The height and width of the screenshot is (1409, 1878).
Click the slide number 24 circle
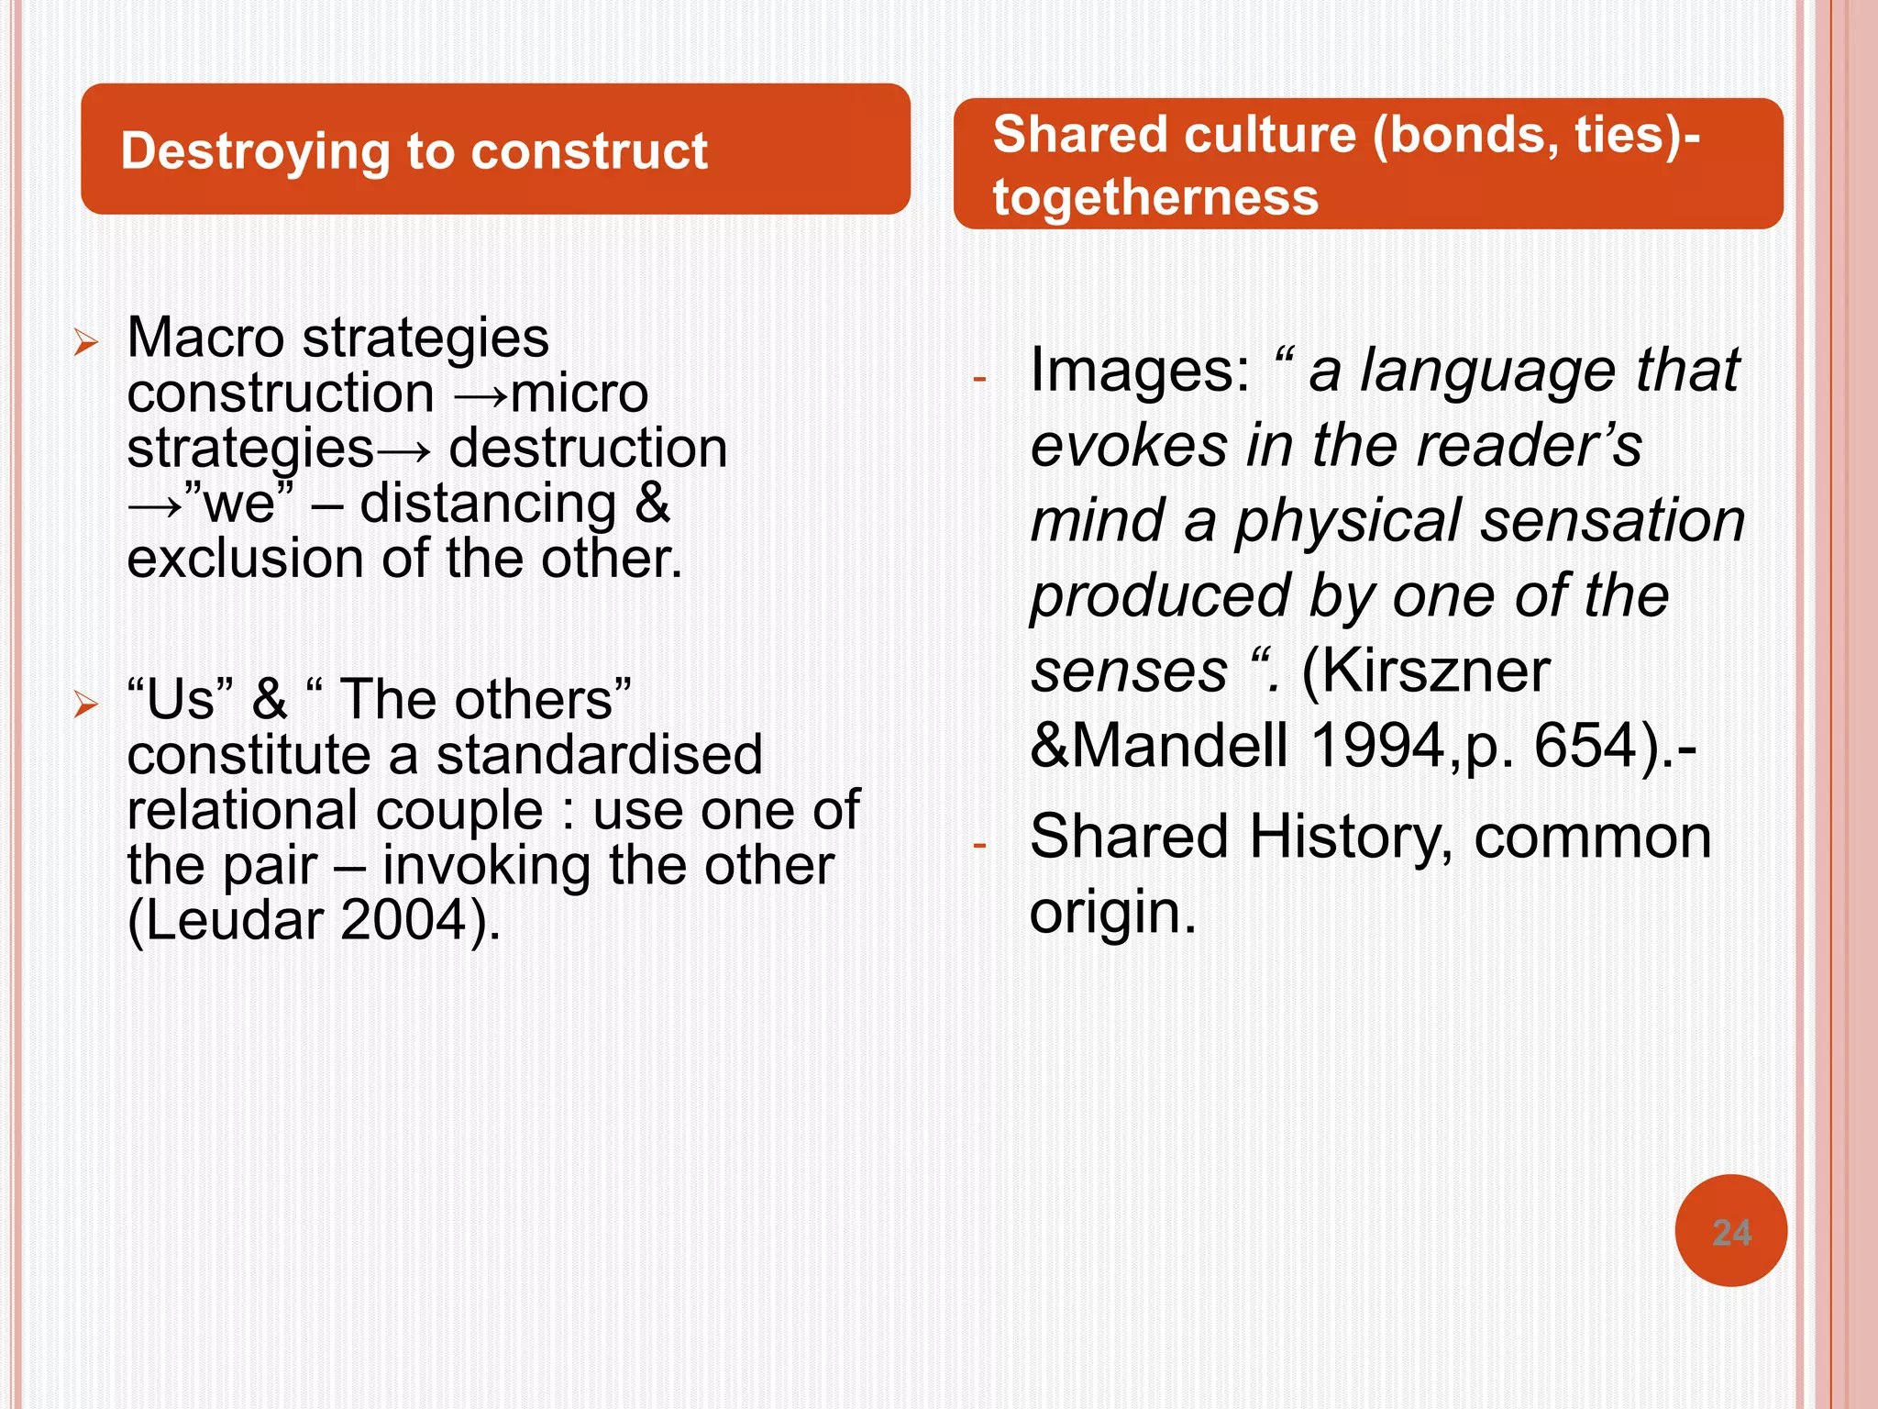click(x=1730, y=1231)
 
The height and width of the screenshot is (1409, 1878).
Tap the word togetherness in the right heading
click(x=1155, y=197)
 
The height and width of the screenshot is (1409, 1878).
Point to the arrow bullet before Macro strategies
click(x=86, y=343)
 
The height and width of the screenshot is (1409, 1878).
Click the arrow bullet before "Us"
click(x=86, y=704)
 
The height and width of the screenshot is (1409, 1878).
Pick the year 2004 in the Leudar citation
click(x=404, y=920)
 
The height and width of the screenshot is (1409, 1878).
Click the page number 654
click(x=1585, y=745)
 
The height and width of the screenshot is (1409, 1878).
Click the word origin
click(x=1112, y=913)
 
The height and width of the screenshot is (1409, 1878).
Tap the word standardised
click(x=599, y=755)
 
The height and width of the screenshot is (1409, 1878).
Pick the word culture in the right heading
click(x=1270, y=135)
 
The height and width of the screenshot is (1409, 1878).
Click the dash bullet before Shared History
click(x=979, y=845)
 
